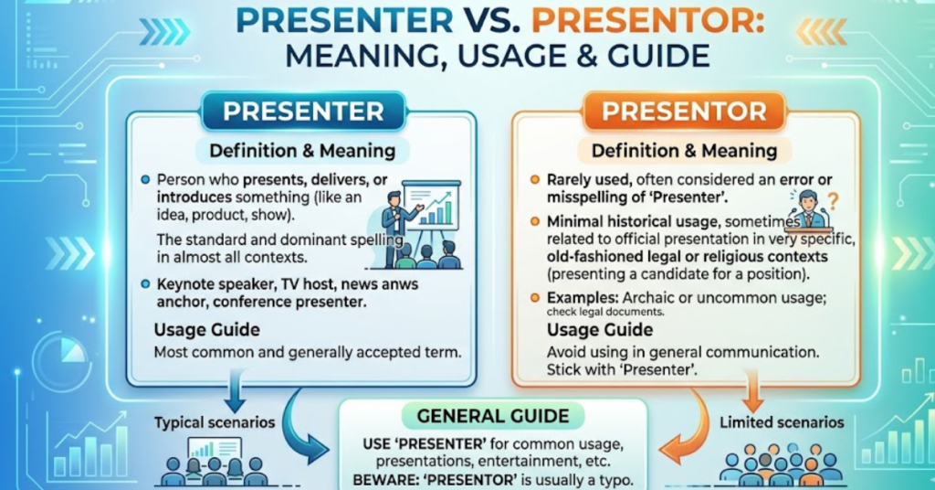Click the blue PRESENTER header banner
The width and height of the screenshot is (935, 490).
point(303,112)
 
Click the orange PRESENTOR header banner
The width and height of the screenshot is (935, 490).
point(684,112)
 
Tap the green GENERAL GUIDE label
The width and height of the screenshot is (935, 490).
point(493,417)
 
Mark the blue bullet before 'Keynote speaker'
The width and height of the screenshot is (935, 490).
point(146,285)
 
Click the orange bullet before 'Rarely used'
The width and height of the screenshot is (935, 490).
point(535,180)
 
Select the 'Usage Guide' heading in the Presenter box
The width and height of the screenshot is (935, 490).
point(206,329)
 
